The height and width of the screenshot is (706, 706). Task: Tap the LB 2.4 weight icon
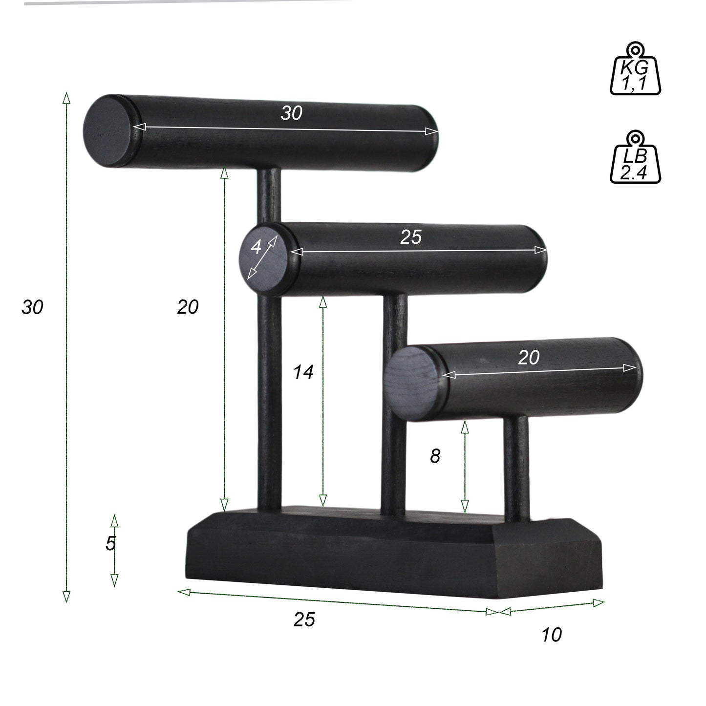coord(635,159)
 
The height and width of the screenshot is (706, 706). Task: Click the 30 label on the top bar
coord(292,113)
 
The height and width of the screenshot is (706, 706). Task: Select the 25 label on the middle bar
coord(410,237)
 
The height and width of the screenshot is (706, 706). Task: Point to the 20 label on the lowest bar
coord(529,358)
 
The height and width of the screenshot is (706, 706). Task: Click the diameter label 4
coord(256,248)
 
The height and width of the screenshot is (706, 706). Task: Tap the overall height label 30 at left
coord(33,307)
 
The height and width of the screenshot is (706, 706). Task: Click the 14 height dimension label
coord(303,373)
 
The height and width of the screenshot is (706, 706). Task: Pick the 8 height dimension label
coord(435,456)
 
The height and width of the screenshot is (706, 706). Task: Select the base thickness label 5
coord(110,543)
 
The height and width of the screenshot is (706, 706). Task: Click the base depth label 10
coord(552,635)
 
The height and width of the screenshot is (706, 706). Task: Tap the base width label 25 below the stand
coord(304,620)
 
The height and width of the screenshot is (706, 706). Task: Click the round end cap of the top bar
coord(108,131)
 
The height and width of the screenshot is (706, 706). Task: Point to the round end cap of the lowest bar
coord(413,382)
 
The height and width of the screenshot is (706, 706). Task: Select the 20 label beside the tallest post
coord(188,307)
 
